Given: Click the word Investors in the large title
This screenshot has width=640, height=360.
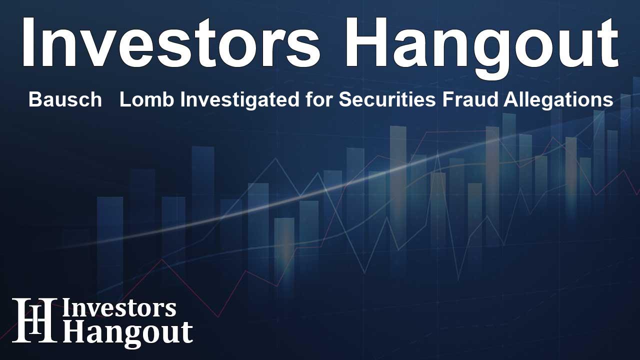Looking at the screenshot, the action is pyautogui.click(x=171, y=42).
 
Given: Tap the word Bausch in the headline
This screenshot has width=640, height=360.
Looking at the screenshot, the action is pyautogui.click(x=65, y=99).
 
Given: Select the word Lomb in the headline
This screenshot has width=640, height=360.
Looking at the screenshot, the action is pyautogui.click(x=147, y=99).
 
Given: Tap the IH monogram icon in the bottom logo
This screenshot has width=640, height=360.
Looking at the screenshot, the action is pyautogui.click(x=34, y=320).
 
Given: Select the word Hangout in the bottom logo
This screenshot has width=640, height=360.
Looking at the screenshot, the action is pyautogui.click(x=127, y=333).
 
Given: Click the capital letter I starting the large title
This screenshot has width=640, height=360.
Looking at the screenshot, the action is pyautogui.click(x=28, y=42).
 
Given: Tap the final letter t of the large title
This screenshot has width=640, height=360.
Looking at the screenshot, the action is pyautogui.click(x=606, y=44).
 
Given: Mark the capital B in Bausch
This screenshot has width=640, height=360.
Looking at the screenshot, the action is pyautogui.click(x=35, y=99).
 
